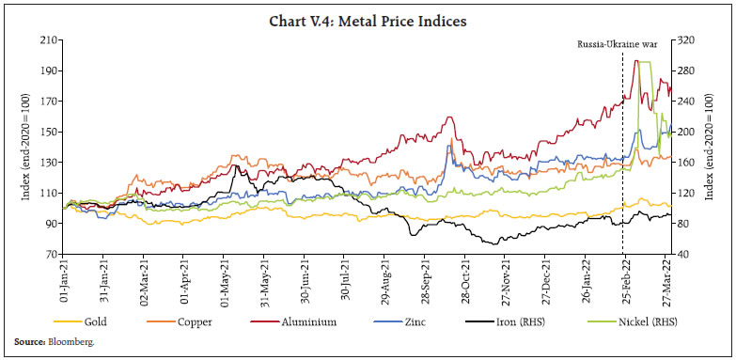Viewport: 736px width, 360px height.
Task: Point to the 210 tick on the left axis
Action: click(x=47, y=40)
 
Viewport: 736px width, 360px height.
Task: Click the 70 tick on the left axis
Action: click(x=50, y=255)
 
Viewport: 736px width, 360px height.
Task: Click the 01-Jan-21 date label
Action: click(x=65, y=280)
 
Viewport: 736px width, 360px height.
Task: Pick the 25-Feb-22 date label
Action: click(x=624, y=280)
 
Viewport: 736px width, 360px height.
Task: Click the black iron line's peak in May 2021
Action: click(x=236, y=167)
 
